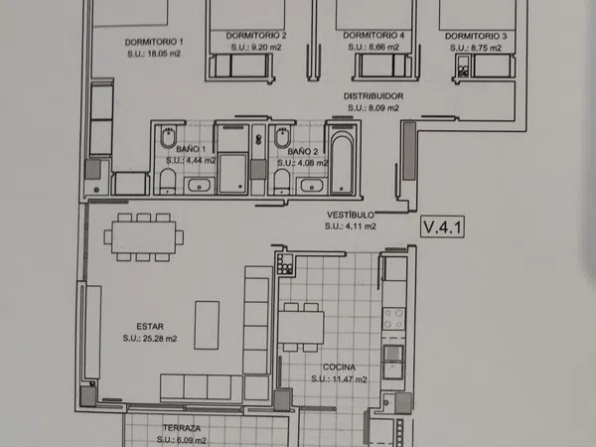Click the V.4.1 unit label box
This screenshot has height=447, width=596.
coord(442,226)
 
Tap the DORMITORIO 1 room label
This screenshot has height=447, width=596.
coord(154,42)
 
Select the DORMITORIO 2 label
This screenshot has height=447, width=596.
coord(256,36)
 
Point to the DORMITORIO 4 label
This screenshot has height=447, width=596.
coord(373,36)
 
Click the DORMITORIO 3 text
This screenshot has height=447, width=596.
coord(476,36)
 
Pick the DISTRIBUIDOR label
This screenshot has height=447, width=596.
coord(373,96)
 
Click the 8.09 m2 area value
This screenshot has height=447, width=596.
coord(380,108)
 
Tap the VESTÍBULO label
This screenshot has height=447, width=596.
coord(351,215)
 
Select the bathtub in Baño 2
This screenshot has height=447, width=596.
coord(342,163)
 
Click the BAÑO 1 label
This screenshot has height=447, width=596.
coord(191,149)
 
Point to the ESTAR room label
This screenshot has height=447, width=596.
coord(150,327)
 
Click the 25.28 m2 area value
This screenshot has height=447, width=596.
coord(158,339)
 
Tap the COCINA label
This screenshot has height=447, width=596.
coord(339,368)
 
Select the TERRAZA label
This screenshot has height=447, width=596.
coord(182,428)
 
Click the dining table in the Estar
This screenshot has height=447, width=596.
coord(144,237)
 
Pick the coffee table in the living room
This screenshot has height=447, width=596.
coord(207,325)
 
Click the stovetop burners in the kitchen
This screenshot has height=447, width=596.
coord(393,319)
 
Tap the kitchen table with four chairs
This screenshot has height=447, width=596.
coord(301,327)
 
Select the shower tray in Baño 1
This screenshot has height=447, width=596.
coord(232,173)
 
